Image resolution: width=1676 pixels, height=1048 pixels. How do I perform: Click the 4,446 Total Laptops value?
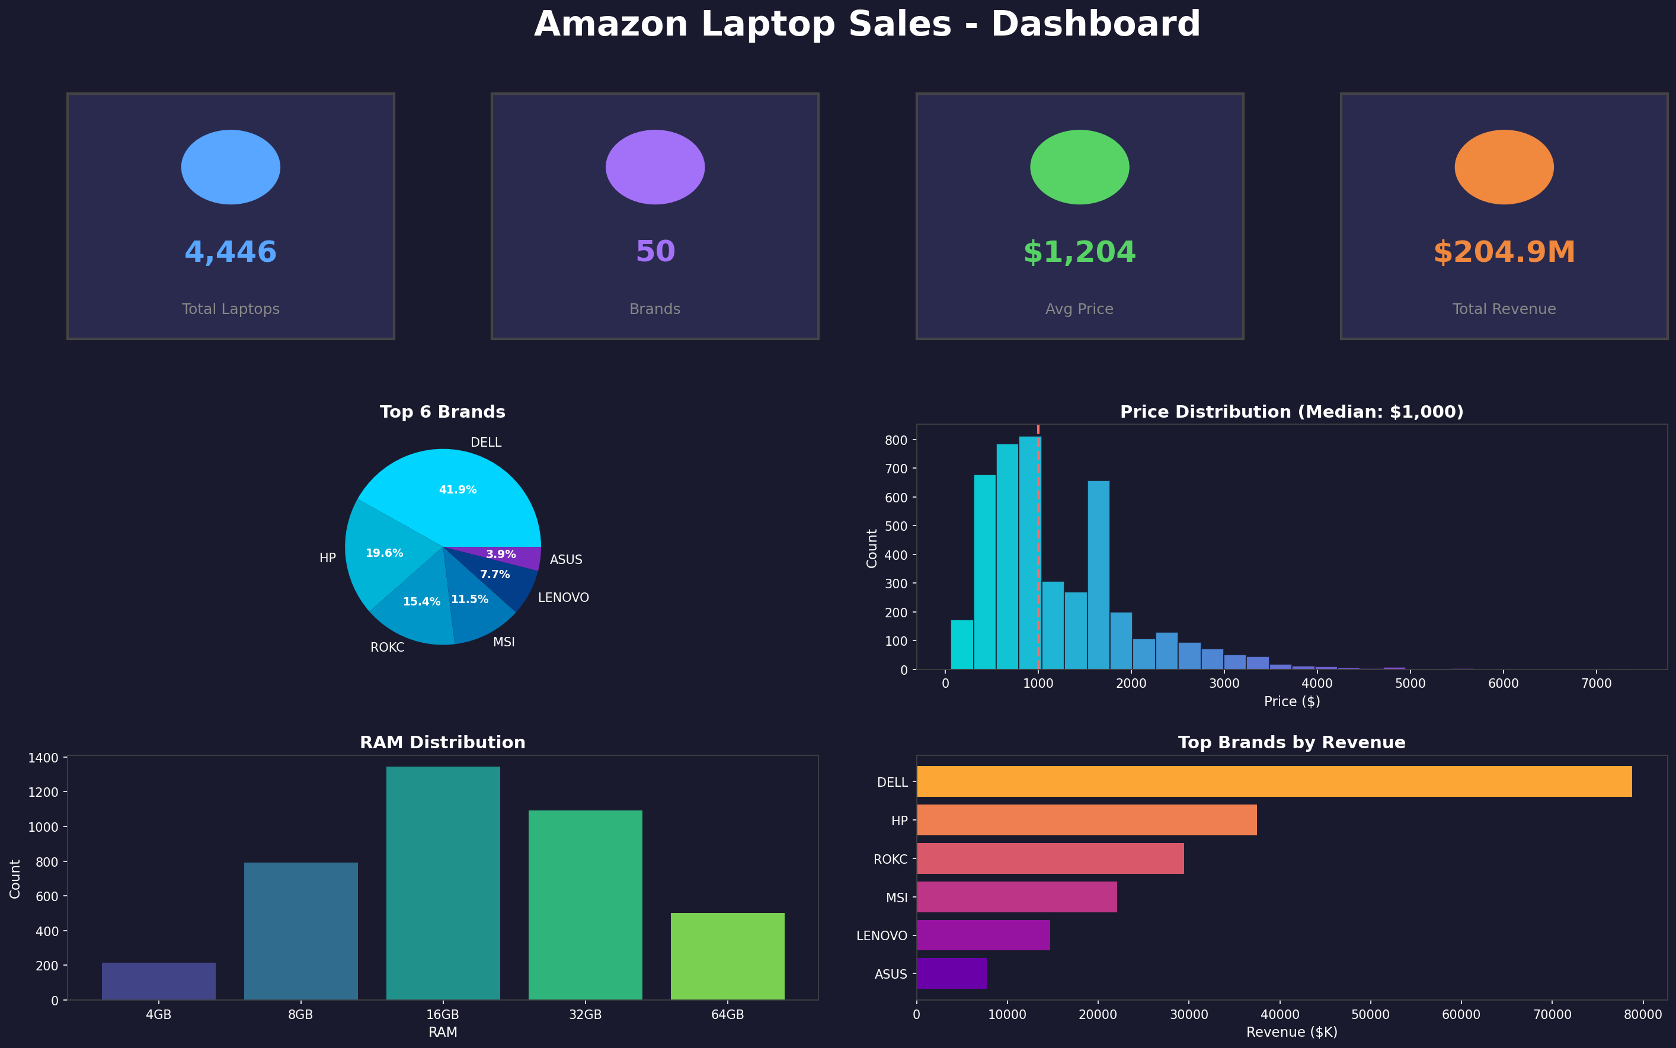(x=230, y=252)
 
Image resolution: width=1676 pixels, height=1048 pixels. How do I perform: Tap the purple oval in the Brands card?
(x=655, y=167)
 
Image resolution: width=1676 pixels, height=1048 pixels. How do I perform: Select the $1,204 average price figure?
(x=1079, y=252)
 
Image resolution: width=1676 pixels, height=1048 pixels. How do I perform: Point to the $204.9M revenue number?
(x=1504, y=252)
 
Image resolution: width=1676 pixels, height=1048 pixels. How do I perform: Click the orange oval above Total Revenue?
(x=1504, y=167)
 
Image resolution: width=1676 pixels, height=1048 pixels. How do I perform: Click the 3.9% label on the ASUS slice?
(x=501, y=555)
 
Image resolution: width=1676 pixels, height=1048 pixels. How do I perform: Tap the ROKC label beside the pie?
(x=387, y=648)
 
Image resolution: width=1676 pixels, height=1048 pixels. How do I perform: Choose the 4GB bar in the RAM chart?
(x=158, y=981)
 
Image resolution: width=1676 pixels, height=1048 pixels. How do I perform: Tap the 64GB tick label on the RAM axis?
(x=727, y=1015)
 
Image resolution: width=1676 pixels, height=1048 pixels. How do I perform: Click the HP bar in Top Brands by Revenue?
(x=1086, y=820)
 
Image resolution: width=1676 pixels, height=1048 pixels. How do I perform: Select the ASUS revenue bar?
(x=951, y=973)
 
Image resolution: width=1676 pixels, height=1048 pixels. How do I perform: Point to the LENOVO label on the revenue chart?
(x=881, y=935)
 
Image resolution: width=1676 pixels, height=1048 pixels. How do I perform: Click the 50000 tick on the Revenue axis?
(x=1370, y=1015)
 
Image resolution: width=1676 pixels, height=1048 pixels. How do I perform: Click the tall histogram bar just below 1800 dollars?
(x=1098, y=575)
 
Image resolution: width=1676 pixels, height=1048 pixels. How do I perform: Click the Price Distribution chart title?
(x=1291, y=412)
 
